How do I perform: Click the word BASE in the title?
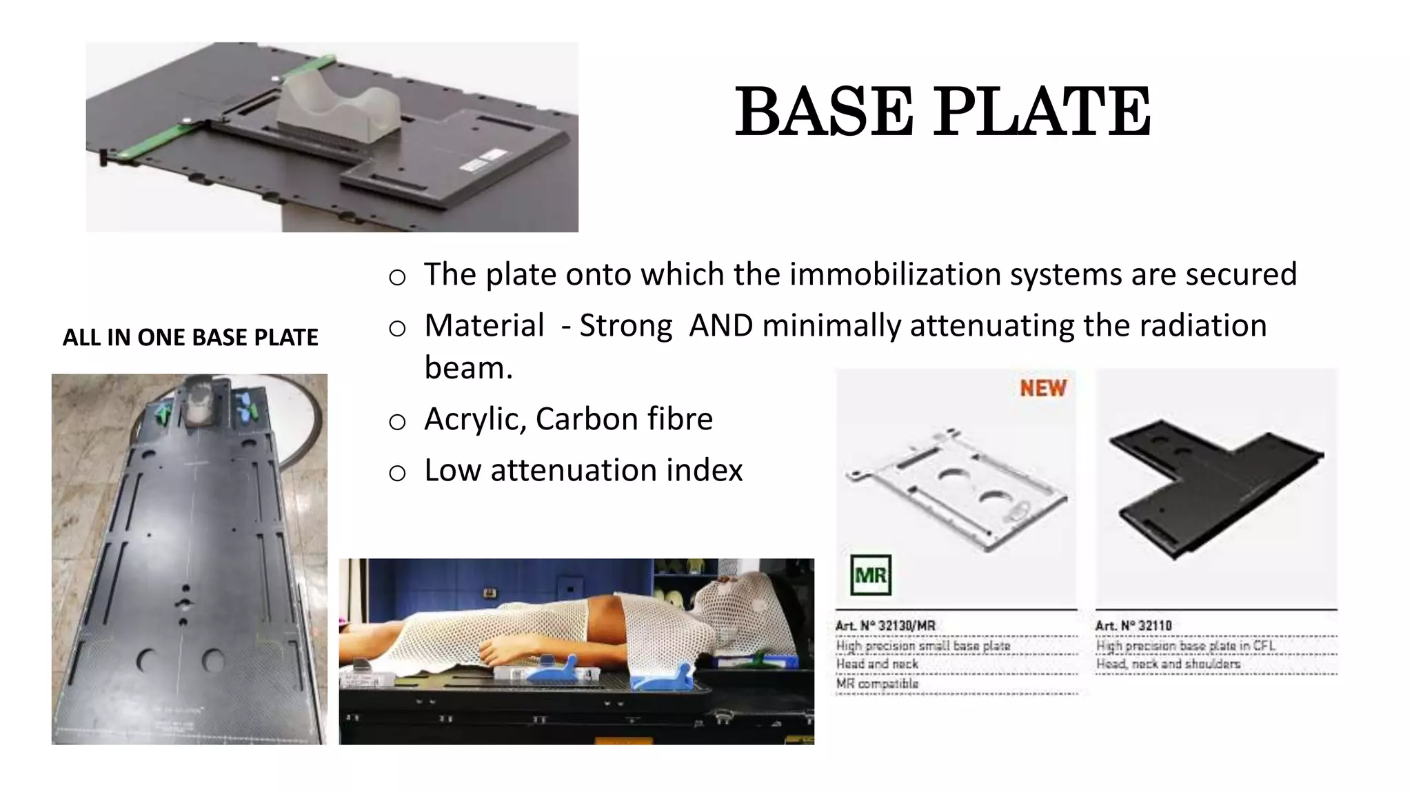click(824, 112)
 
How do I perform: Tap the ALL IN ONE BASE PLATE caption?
click(190, 338)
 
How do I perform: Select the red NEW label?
click(1043, 388)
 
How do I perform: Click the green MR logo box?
click(871, 575)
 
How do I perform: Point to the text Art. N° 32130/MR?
click(885, 626)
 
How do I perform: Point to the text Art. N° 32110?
click(1133, 626)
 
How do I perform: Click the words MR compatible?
click(877, 684)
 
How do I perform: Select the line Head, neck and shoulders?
click(1168, 664)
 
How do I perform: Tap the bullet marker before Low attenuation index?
click(397, 473)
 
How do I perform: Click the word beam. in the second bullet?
click(468, 368)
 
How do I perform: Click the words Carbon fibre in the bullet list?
click(624, 419)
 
